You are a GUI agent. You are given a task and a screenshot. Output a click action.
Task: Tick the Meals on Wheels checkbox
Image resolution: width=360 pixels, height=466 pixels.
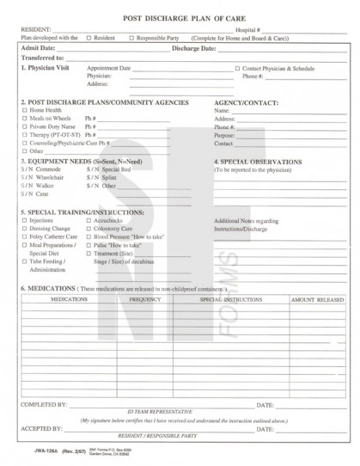[25, 119]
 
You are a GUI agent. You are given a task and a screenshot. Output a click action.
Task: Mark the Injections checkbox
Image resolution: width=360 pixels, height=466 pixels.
[25, 220]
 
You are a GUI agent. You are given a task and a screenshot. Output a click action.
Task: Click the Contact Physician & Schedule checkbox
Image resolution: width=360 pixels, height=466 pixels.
[238, 66]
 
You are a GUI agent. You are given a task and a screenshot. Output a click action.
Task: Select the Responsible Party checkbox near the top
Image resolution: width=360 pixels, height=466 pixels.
[131, 38]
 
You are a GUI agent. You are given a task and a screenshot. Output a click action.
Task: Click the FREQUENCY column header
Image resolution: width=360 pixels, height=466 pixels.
[145, 300]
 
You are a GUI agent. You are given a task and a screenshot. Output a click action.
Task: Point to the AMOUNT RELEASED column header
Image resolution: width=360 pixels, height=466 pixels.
[315, 300]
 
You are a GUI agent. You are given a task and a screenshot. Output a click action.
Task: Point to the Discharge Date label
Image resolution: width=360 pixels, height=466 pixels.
[197, 48]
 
